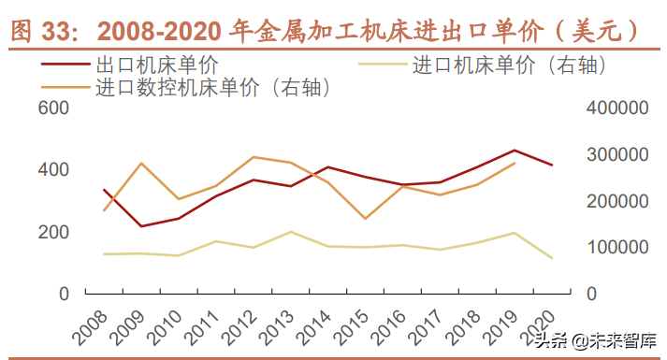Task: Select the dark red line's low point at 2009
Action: point(140,226)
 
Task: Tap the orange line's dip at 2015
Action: point(365,219)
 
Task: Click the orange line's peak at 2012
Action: point(254,157)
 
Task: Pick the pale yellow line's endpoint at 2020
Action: point(552,258)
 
